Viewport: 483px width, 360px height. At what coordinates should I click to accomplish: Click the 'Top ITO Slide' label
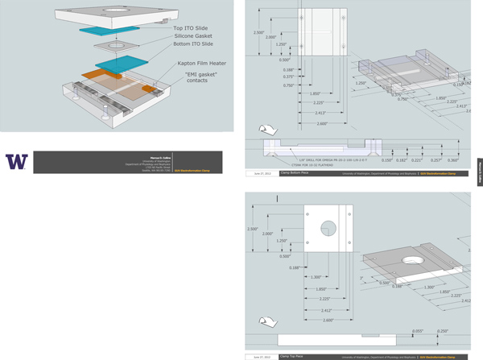point(190,28)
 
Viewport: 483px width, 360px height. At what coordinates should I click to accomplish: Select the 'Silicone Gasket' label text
point(193,36)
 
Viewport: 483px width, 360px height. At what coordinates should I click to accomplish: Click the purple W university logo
point(16,161)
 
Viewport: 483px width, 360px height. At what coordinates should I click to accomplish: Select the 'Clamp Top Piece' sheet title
point(293,356)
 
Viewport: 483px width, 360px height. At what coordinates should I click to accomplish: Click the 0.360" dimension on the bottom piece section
point(453,159)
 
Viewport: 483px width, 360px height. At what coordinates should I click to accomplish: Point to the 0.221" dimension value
point(416,159)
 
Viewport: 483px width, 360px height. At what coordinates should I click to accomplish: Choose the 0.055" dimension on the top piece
point(418,330)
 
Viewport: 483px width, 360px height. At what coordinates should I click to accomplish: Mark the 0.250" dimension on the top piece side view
point(443,330)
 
